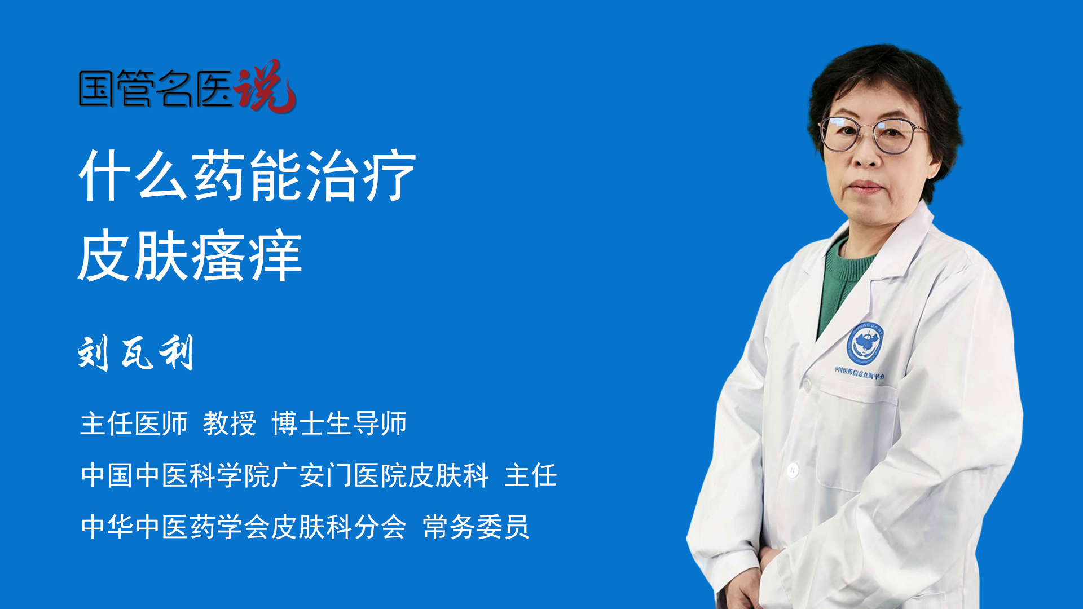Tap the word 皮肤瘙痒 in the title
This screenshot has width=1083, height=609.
tap(190, 256)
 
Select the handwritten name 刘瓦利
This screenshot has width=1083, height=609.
tap(136, 353)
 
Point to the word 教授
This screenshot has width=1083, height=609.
tap(229, 423)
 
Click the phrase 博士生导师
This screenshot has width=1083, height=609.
tap(339, 423)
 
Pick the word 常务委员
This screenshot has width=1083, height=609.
tap(476, 527)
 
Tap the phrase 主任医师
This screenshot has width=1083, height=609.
tap(134, 423)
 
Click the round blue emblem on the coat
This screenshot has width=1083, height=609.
tap(864, 343)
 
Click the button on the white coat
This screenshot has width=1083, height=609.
tap(793, 469)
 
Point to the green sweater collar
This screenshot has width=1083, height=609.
tap(846, 265)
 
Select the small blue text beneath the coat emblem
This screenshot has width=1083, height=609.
tap(859, 373)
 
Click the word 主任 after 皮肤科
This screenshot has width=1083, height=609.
tap(530, 475)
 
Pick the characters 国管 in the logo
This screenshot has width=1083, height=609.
tap(116, 89)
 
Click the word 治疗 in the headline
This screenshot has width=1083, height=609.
tap(361, 176)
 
